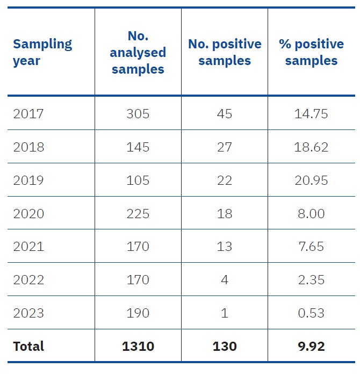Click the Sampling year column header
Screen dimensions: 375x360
point(42,52)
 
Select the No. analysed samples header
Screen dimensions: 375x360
point(138,52)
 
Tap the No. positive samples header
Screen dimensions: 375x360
point(225,52)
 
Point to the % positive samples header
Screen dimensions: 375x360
point(311,52)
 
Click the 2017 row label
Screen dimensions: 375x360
point(28,114)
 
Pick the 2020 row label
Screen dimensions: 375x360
point(28,213)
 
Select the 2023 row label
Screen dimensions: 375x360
point(28,313)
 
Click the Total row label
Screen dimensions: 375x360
point(28,346)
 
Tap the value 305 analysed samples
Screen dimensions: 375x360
point(138,114)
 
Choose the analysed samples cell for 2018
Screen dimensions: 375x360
point(138,147)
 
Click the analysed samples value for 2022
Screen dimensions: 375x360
point(138,280)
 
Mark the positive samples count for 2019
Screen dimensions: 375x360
point(225,181)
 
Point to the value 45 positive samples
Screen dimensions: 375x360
point(225,114)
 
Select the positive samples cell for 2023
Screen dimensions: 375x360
point(225,313)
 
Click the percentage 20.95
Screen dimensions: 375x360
point(311,181)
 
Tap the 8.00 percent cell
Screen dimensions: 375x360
point(311,213)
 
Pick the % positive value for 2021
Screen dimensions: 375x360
point(311,247)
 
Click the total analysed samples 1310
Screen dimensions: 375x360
point(138,346)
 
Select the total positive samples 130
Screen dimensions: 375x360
point(225,346)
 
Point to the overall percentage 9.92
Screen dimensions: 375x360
point(311,346)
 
